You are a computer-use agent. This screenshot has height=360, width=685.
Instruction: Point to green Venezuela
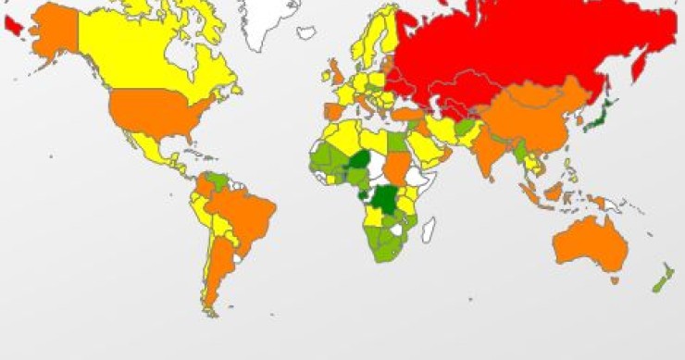click(218, 179)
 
